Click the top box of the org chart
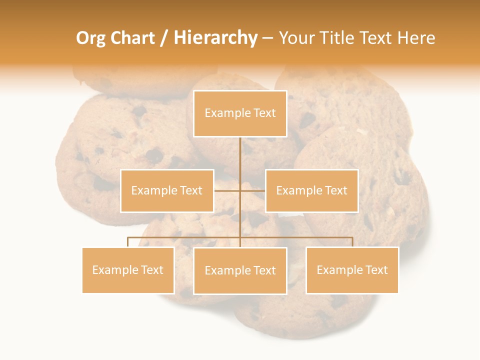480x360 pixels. (x=240, y=113)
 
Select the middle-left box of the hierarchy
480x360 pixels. (x=167, y=190)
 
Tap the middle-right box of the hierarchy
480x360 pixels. (x=311, y=190)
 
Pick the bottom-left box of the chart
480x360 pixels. (x=128, y=270)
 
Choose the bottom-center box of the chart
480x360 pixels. (x=240, y=270)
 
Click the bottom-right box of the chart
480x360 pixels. (x=352, y=270)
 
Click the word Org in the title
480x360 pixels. (x=90, y=38)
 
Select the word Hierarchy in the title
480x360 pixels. (x=215, y=38)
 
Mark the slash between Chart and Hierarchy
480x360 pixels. (x=164, y=38)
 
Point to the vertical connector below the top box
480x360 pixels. (x=240, y=155)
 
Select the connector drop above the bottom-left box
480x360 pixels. (x=128, y=242)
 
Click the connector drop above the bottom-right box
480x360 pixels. (x=352, y=242)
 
